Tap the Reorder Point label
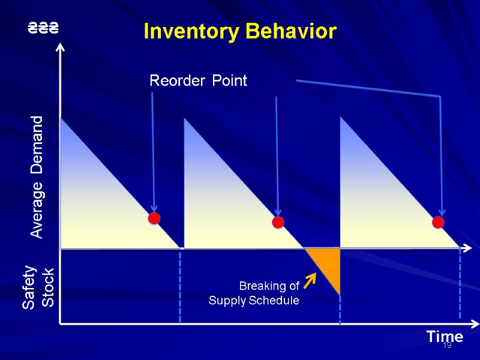[x=198, y=80]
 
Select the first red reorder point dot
[x=154, y=218]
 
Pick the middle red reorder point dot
[x=278, y=223]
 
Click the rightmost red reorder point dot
[x=438, y=223]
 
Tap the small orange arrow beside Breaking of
[x=310, y=280]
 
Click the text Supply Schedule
[x=253, y=300]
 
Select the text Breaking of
[x=269, y=285]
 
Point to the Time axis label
[x=445, y=337]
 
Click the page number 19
[x=446, y=346]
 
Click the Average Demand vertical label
[x=37, y=178]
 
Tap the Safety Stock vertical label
[x=38, y=289]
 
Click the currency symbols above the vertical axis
[x=44, y=28]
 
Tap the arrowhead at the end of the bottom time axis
[x=474, y=324]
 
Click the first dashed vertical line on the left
[x=180, y=285]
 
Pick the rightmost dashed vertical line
[x=460, y=285]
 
